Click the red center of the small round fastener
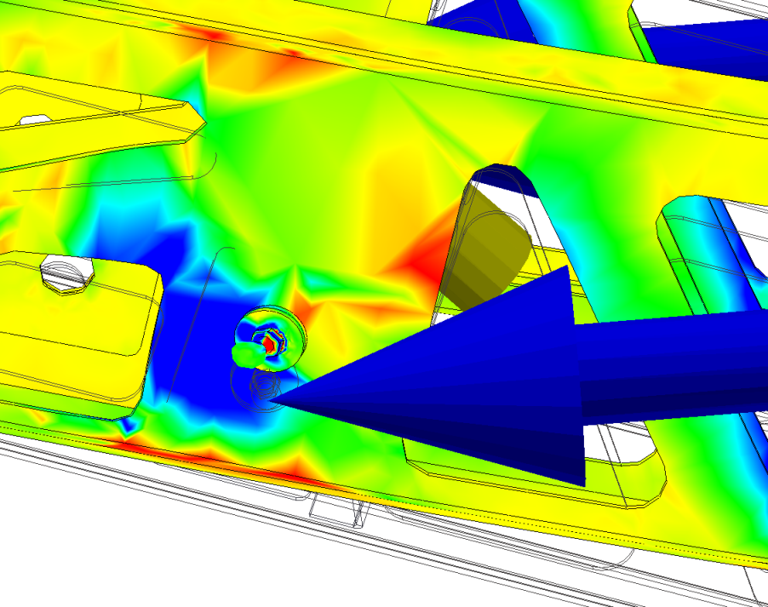click(x=270, y=344)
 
